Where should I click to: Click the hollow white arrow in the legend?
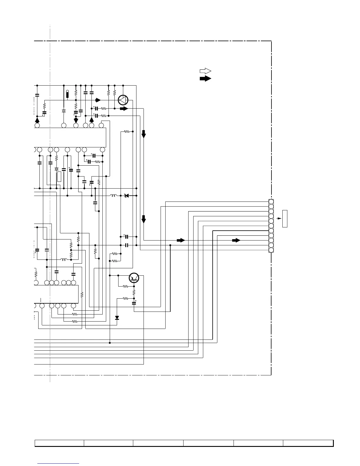[205, 71]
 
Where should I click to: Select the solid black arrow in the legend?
[205, 79]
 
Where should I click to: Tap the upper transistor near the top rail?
[123, 100]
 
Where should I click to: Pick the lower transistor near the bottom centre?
[134, 277]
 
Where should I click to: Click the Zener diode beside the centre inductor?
[127, 196]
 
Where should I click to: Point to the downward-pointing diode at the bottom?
[117, 318]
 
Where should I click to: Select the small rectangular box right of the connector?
[285, 219]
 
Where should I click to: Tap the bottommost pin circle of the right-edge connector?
[271, 250]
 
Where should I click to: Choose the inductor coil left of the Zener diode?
[113, 196]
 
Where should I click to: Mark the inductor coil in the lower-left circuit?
[64, 259]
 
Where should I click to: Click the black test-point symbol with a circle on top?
[67, 94]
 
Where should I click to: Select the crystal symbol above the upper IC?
[64, 111]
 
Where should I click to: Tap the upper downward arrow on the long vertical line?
[144, 134]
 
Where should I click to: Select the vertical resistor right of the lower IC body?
[82, 294]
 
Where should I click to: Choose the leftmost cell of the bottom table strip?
[59, 443]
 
